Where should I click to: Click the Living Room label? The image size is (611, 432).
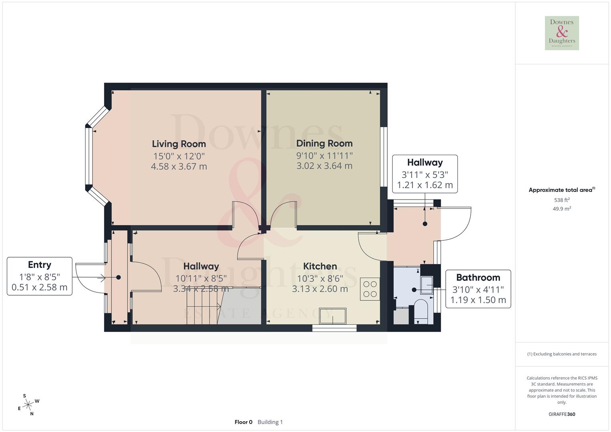click(x=179, y=144)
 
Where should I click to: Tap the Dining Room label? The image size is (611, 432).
click(x=324, y=143)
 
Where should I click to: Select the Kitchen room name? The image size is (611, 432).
click(x=320, y=266)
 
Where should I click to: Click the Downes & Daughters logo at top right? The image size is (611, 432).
click(x=562, y=33)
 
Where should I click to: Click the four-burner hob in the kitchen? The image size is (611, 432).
click(x=369, y=289)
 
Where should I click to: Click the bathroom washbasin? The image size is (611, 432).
click(x=427, y=285)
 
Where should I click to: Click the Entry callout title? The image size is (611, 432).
click(x=40, y=265)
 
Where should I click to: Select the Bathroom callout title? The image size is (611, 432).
click(x=478, y=278)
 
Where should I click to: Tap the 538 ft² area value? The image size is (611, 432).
click(x=562, y=200)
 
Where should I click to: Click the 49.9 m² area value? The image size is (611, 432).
click(x=562, y=209)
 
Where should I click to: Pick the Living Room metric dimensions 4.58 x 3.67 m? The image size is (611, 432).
click(x=179, y=166)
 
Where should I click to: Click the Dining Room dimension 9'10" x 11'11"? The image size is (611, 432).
click(x=324, y=156)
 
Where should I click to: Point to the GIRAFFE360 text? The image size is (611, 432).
click(x=562, y=414)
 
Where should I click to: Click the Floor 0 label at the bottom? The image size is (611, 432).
click(x=243, y=422)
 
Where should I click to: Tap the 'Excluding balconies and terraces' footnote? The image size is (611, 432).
click(x=562, y=354)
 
